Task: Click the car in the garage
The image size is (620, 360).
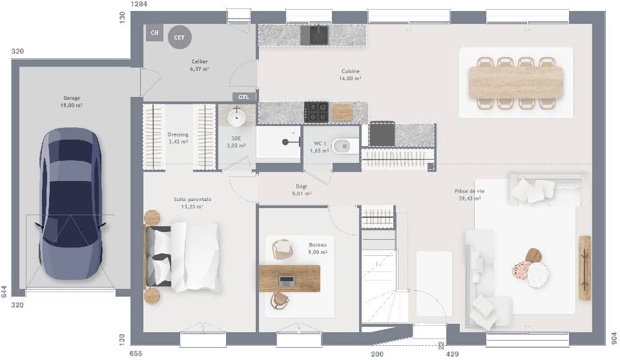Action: click(x=70, y=204)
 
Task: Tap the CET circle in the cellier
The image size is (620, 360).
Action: click(x=180, y=37)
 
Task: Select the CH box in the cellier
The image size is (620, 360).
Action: click(x=154, y=32)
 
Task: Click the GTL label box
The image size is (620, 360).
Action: click(x=243, y=97)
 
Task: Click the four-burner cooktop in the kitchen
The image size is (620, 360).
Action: click(x=316, y=112)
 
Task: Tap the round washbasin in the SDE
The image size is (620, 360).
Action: click(x=237, y=117)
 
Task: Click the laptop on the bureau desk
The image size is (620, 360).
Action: click(x=286, y=281)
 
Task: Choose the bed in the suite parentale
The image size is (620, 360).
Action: click(x=184, y=257)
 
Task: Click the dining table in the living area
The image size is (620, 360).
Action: click(x=516, y=83)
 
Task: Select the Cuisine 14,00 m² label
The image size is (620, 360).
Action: click(x=351, y=74)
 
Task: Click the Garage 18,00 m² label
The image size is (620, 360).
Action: click(x=72, y=101)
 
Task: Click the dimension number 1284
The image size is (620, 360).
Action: click(x=139, y=5)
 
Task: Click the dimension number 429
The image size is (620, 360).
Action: click(x=452, y=354)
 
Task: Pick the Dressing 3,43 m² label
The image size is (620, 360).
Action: click(x=178, y=138)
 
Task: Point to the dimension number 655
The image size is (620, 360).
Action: click(x=136, y=354)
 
